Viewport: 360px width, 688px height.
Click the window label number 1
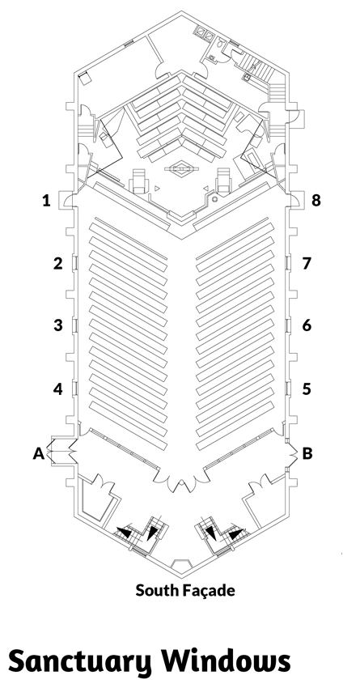tap(46, 201)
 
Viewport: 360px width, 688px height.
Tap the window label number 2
tap(58, 263)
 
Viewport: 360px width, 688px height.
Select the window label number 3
tap(58, 325)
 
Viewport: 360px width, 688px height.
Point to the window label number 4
tap(58, 389)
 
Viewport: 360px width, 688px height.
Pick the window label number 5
tap(307, 389)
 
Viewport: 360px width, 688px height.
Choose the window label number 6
tap(307, 325)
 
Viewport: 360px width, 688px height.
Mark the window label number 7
tap(307, 263)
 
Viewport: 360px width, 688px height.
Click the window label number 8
tap(316, 201)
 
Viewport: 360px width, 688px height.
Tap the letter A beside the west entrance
tap(39, 453)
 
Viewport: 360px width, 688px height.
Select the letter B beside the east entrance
tap(307, 453)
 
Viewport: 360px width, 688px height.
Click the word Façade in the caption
tap(208, 591)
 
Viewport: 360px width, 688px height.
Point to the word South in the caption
tap(157, 590)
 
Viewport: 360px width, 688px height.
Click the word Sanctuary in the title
tap(80, 661)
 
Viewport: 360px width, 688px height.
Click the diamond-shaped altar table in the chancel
tap(181, 168)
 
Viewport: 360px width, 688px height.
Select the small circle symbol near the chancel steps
tap(215, 199)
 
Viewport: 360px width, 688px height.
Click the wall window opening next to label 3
tap(74, 325)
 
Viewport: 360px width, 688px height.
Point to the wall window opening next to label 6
tap(288, 325)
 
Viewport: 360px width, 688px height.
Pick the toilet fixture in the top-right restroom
tap(220, 43)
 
